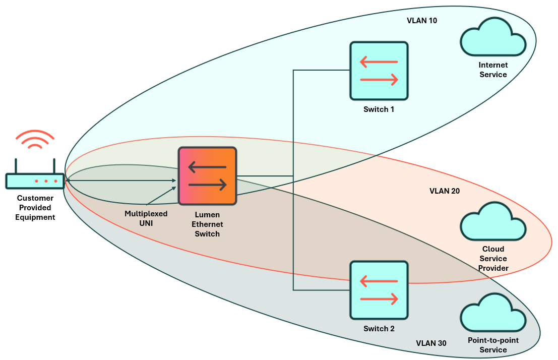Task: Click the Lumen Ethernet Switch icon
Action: (x=207, y=175)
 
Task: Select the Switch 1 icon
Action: (x=379, y=71)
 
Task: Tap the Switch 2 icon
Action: (x=379, y=290)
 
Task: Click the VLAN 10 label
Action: (x=422, y=21)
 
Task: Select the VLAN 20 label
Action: (x=445, y=191)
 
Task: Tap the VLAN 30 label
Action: (x=431, y=343)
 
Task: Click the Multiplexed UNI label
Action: (x=146, y=218)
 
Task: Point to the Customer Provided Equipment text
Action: (x=35, y=208)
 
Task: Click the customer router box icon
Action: (x=35, y=180)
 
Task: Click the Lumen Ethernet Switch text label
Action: (x=207, y=224)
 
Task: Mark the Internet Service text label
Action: (x=493, y=70)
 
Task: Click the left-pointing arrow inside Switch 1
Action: (x=379, y=62)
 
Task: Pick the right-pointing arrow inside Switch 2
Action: (x=379, y=299)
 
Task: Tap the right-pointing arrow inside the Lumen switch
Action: (x=207, y=185)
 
